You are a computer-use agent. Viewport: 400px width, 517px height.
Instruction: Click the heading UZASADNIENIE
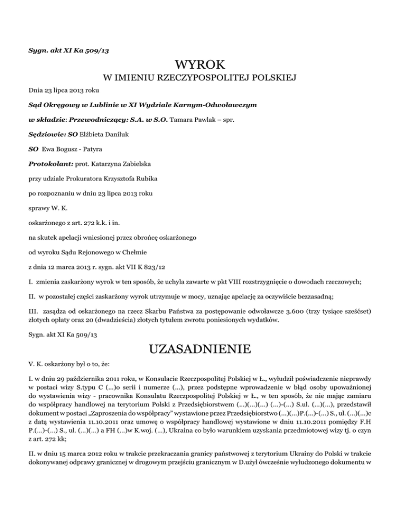[x=200, y=347]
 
